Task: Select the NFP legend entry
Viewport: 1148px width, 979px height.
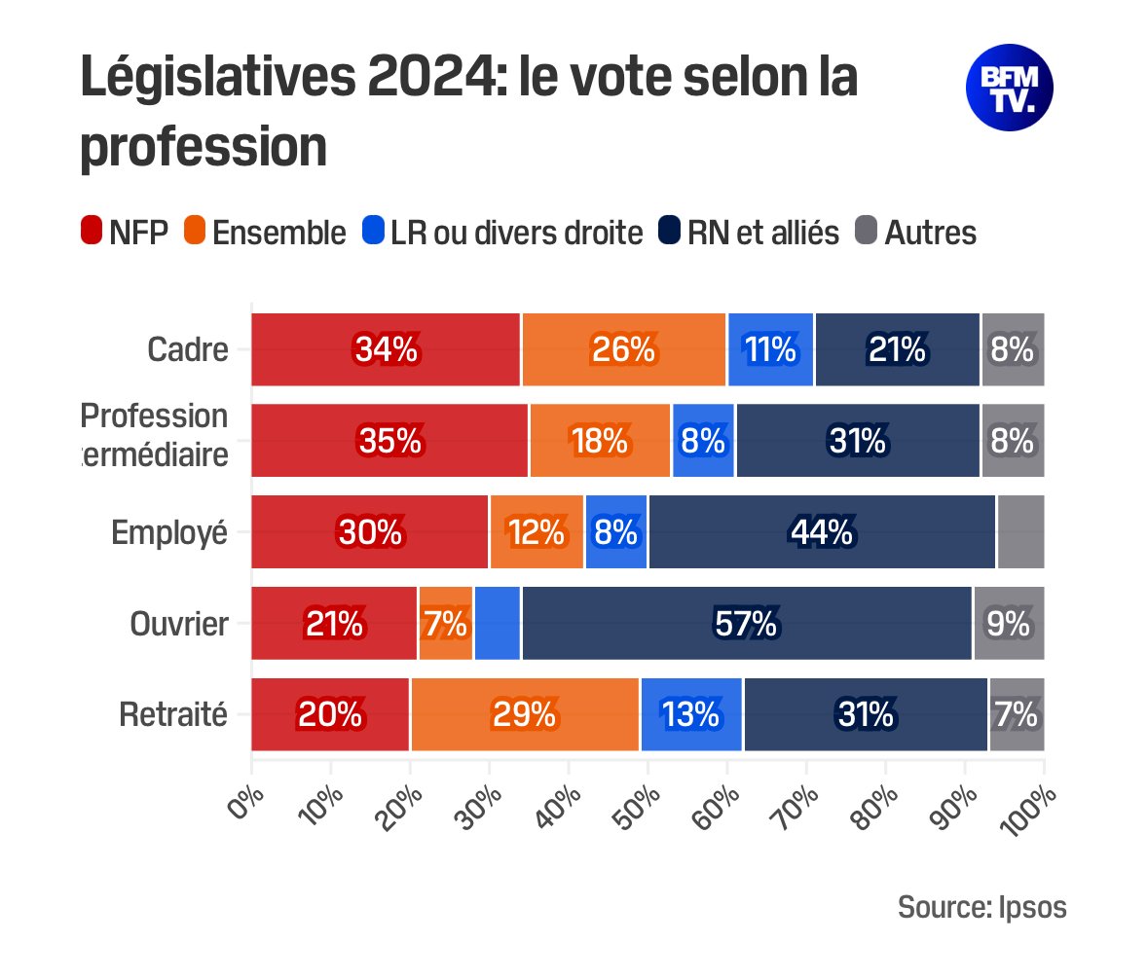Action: click(124, 233)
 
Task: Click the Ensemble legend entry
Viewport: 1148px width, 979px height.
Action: click(264, 233)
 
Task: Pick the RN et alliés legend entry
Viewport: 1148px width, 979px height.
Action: click(748, 233)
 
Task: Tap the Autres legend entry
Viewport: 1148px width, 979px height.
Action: click(916, 233)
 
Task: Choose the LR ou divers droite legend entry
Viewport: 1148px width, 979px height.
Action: click(502, 233)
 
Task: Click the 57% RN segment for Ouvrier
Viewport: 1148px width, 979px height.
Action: click(746, 624)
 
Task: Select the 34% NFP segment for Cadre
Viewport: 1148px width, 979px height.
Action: click(386, 350)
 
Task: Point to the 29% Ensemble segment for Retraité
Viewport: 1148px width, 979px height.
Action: click(524, 715)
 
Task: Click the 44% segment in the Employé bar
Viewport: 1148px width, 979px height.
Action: click(823, 532)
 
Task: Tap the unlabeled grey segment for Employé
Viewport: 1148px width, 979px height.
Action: click(1019, 532)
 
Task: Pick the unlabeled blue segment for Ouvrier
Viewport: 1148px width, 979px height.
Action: click(497, 624)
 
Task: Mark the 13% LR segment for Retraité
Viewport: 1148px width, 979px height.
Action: click(690, 715)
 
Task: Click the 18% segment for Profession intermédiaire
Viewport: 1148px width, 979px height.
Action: click(600, 441)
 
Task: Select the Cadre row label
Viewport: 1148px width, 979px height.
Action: click(188, 350)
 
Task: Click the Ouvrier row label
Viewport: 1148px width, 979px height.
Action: click(179, 624)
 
